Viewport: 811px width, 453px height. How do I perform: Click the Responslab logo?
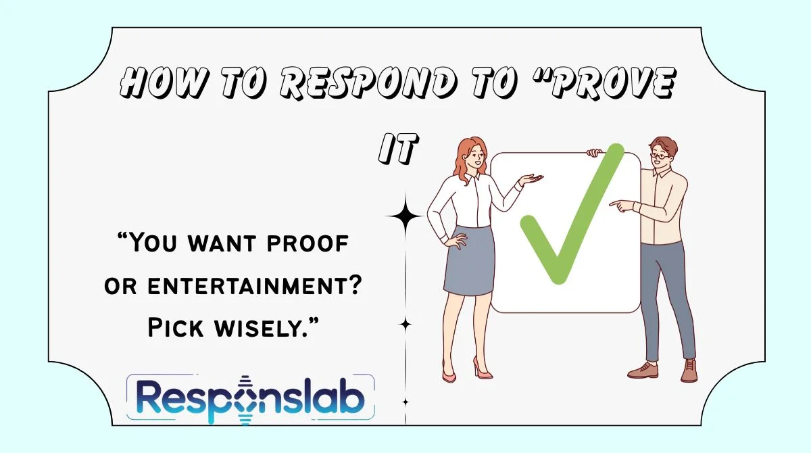coord(251,399)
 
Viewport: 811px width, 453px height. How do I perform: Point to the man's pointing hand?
coord(618,204)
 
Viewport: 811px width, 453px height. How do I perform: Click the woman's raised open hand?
coord(531,180)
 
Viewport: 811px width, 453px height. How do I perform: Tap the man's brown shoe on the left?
coord(642,370)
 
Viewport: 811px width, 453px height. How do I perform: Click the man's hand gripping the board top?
coord(595,152)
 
